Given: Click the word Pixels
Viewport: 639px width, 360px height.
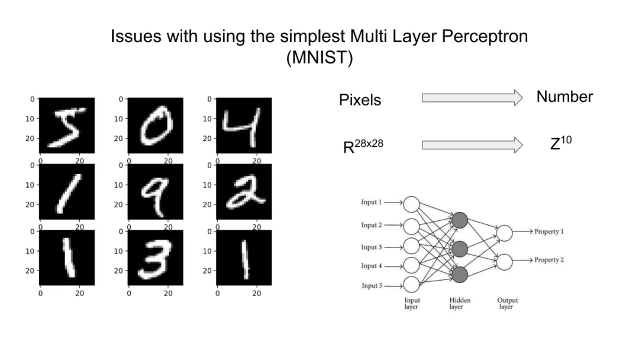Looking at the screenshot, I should coord(360,100).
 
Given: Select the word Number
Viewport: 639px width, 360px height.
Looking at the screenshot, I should coord(564,97).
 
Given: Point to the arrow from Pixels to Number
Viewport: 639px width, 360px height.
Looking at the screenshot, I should coord(472,98).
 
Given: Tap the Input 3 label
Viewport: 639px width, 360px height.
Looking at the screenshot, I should coord(372,247).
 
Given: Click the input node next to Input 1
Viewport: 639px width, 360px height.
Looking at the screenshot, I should coord(411,204).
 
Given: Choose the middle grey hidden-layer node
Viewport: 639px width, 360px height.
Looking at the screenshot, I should coord(460,247).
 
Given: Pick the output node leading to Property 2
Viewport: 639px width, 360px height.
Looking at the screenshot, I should coord(504,261).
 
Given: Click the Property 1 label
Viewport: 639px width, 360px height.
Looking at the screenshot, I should coord(548,232).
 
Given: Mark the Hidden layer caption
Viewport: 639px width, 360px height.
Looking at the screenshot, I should coord(460,303).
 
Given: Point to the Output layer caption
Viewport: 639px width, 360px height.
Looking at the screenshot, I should coord(507,303).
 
